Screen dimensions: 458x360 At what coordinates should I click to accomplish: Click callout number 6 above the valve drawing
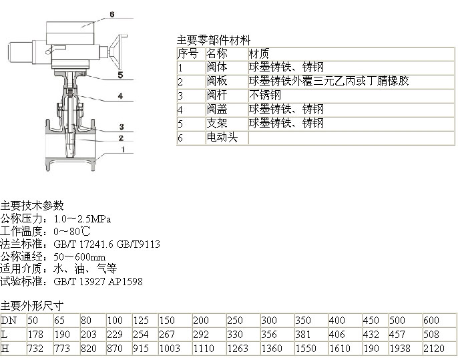tap(112, 14)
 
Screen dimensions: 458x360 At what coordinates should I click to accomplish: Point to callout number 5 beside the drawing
tap(120, 75)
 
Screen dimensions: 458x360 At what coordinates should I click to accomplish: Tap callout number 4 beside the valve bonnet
tap(120, 96)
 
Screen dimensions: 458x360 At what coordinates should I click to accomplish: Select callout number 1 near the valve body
tap(124, 150)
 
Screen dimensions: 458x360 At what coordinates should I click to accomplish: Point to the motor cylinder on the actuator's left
tap(20, 52)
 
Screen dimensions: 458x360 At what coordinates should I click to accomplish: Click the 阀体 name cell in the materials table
tap(217, 67)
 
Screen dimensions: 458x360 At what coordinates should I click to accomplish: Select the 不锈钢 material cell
tap(265, 96)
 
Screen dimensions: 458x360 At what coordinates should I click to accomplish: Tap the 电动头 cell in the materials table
tap(222, 137)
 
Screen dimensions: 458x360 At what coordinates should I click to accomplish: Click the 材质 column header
tap(259, 53)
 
